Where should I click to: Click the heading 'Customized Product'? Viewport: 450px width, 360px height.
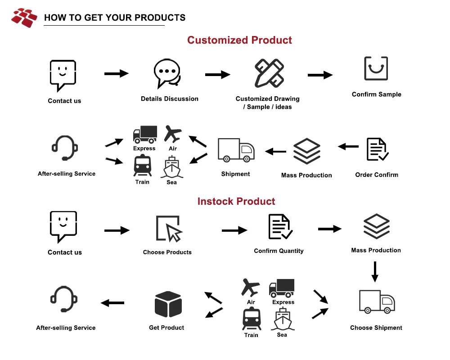point(239,40)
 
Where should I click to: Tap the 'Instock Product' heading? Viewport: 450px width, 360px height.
point(236,201)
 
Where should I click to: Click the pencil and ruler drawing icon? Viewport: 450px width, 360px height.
point(269,73)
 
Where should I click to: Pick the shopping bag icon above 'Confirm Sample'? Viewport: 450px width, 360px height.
point(376,69)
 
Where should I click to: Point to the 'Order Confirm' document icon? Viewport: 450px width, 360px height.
point(377,149)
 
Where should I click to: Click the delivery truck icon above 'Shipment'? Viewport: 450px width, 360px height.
point(236,150)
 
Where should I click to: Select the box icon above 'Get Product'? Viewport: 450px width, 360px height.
point(168,304)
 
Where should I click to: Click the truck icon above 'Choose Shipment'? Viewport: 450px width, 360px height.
point(377,301)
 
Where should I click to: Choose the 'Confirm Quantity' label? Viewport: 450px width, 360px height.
point(279,251)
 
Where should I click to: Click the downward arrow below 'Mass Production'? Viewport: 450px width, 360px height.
point(375,271)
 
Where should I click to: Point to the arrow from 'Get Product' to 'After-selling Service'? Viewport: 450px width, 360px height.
point(112,303)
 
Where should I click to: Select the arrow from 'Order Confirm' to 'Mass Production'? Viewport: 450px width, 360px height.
point(348,146)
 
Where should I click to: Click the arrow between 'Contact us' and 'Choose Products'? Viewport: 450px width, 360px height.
point(117,230)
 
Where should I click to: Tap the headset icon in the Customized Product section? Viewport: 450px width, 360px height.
point(64,148)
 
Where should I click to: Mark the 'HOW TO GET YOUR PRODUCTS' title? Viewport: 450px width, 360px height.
point(115,18)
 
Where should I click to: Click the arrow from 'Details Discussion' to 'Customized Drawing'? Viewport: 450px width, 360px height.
point(218,75)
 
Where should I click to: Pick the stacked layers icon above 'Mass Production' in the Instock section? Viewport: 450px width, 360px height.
point(376,226)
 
